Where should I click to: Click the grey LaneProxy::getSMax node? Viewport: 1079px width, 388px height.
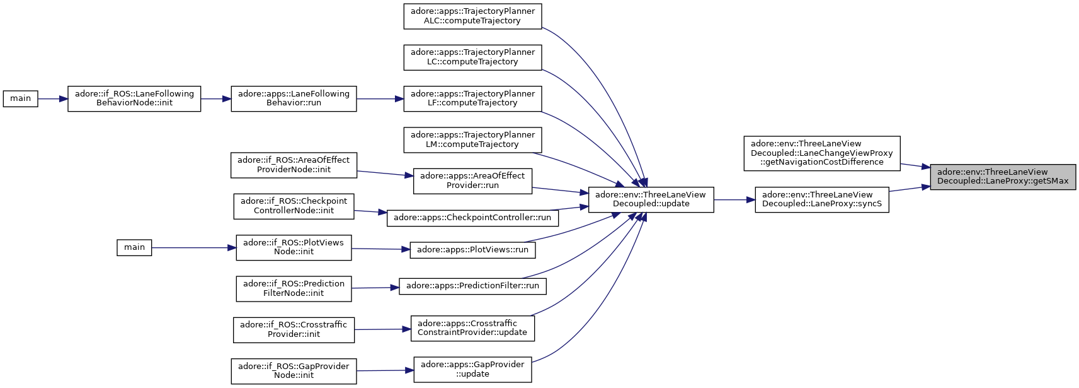coord(1003,177)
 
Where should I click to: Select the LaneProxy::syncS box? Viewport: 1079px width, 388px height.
coord(822,200)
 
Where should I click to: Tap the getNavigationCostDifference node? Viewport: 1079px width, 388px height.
coord(822,153)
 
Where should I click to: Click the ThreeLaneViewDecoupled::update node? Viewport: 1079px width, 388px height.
coord(651,200)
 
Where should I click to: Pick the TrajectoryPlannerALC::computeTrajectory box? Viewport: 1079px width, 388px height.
coord(472,16)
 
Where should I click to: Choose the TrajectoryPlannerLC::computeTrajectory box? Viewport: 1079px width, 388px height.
coord(472,57)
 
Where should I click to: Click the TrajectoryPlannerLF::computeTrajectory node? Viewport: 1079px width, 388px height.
coord(472,98)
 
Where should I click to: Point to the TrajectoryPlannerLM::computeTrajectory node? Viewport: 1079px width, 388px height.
coord(472,140)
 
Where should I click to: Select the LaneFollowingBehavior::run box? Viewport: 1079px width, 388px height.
coord(294,98)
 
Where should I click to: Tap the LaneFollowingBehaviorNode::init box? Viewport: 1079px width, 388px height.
coord(134,98)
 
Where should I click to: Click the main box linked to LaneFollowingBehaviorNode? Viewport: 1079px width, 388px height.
coord(20,98)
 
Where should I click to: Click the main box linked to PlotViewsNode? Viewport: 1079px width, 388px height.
coord(134,247)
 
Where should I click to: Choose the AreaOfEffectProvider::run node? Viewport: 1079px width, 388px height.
coord(472,181)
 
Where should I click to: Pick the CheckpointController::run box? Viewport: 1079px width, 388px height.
coord(472,218)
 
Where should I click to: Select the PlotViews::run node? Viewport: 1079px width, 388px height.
coord(472,250)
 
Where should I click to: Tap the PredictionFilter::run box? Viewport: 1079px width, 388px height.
coord(472,286)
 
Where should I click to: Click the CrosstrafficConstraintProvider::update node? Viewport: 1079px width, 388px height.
coord(472,328)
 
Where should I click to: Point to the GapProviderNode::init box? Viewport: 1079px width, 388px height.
coord(294,371)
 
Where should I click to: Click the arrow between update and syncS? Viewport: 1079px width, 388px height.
coord(734,200)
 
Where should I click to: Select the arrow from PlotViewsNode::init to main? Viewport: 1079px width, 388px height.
coord(193,247)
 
